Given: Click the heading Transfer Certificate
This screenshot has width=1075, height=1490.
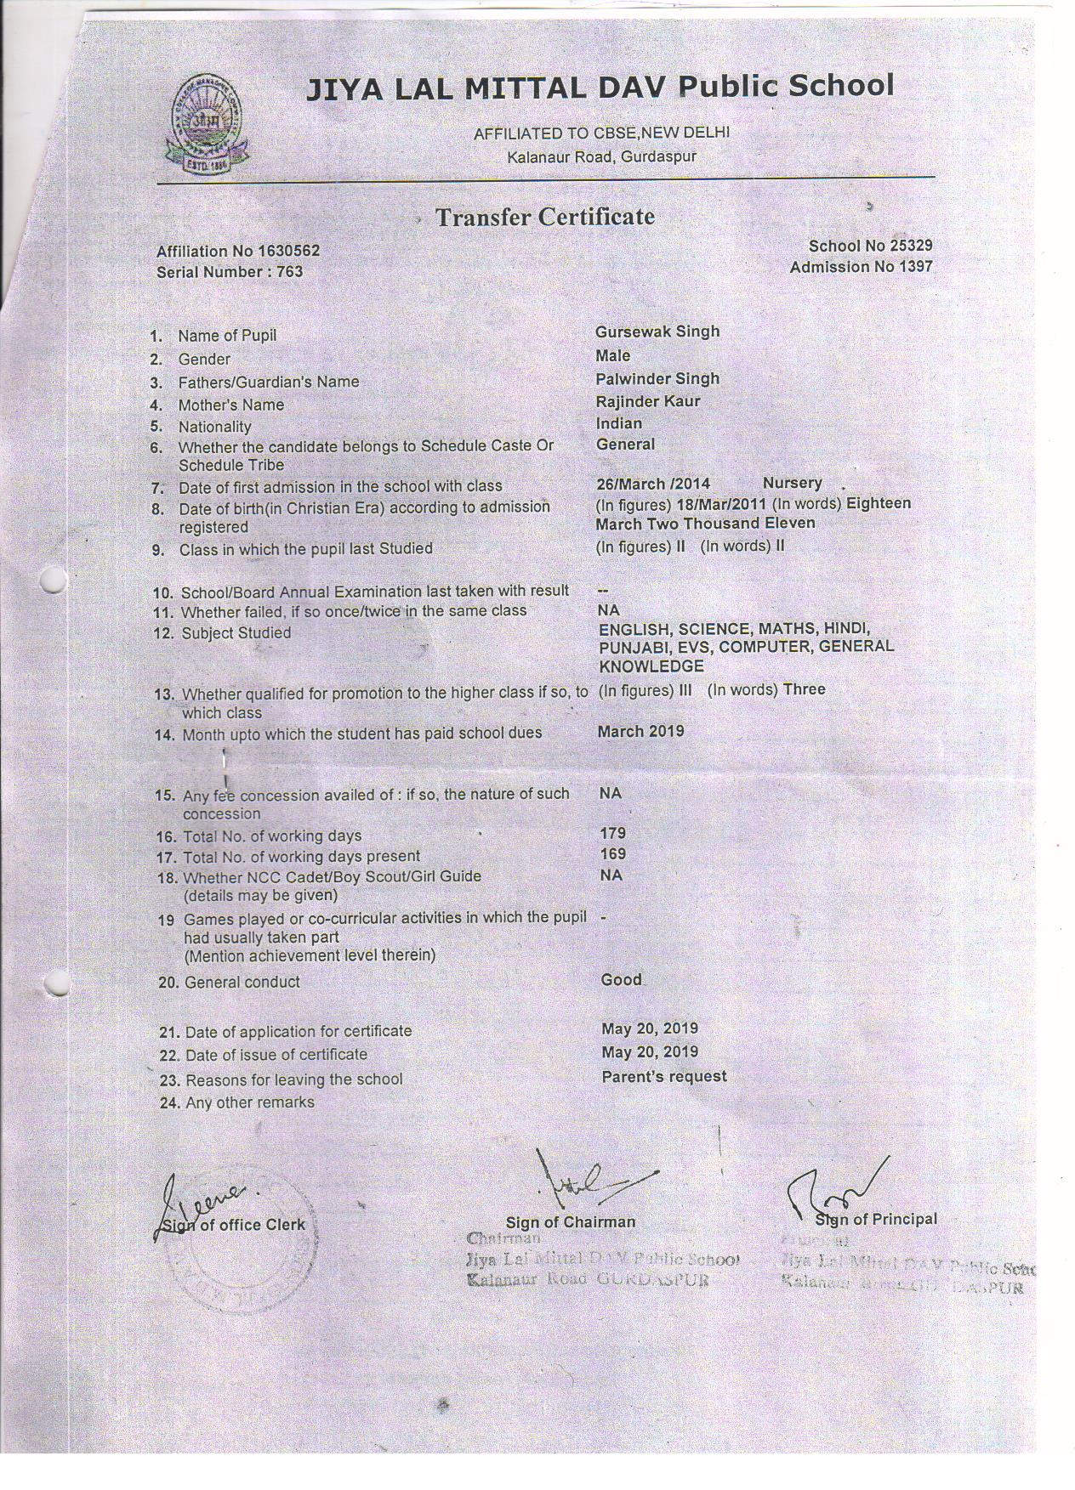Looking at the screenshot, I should point(545,218).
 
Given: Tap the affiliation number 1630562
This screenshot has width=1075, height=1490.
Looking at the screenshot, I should point(288,252).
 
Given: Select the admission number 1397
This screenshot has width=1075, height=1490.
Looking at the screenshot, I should point(913,267).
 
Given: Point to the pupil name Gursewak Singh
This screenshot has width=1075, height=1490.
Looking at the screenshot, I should point(657,331).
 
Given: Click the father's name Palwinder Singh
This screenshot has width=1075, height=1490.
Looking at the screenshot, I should point(657,379).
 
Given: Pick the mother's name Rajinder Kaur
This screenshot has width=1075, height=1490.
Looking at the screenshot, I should point(648,401).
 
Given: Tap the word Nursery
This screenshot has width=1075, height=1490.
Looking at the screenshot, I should point(792,484).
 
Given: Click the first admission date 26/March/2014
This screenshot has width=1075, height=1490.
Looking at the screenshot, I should point(653,484).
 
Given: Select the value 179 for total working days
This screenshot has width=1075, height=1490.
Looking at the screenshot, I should point(612,834).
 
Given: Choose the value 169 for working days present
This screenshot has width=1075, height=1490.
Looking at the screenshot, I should point(612,854).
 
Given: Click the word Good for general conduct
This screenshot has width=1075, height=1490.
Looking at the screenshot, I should point(622,980).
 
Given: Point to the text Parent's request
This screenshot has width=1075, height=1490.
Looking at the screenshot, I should point(664,1077).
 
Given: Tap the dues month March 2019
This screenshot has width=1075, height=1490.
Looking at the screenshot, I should point(640,732).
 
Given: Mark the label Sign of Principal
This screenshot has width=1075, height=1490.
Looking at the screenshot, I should point(876,1220).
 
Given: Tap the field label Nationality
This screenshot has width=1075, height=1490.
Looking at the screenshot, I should point(214,428).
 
